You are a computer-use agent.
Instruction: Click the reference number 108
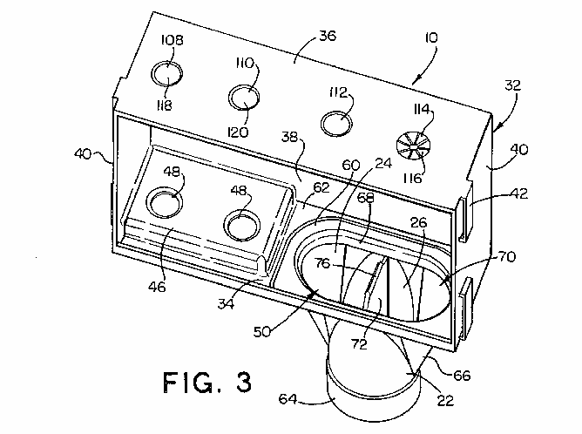(x=173, y=40)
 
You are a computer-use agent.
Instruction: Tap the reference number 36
(x=328, y=37)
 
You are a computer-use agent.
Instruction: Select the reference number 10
(x=431, y=37)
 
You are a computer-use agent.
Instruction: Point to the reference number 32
(x=513, y=85)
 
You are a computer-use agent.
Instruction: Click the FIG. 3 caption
(x=207, y=382)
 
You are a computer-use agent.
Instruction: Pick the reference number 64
(x=288, y=399)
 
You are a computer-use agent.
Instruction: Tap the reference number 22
(x=445, y=400)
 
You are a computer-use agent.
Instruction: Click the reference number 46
(x=157, y=287)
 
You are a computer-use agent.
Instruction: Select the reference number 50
(x=262, y=331)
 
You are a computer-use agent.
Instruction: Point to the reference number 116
(x=412, y=179)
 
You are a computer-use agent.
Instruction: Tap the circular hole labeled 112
(x=336, y=123)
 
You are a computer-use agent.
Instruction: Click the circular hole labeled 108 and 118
(x=166, y=75)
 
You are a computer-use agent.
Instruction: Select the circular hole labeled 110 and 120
(x=244, y=98)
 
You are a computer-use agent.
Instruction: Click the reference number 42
(x=519, y=193)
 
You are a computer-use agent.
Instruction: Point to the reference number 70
(x=507, y=256)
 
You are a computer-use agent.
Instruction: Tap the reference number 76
(x=322, y=263)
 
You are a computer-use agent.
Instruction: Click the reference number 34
(x=226, y=303)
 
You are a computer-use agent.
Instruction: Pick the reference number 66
(x=462, y=376)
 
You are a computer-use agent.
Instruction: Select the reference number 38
(x=289, y=137)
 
